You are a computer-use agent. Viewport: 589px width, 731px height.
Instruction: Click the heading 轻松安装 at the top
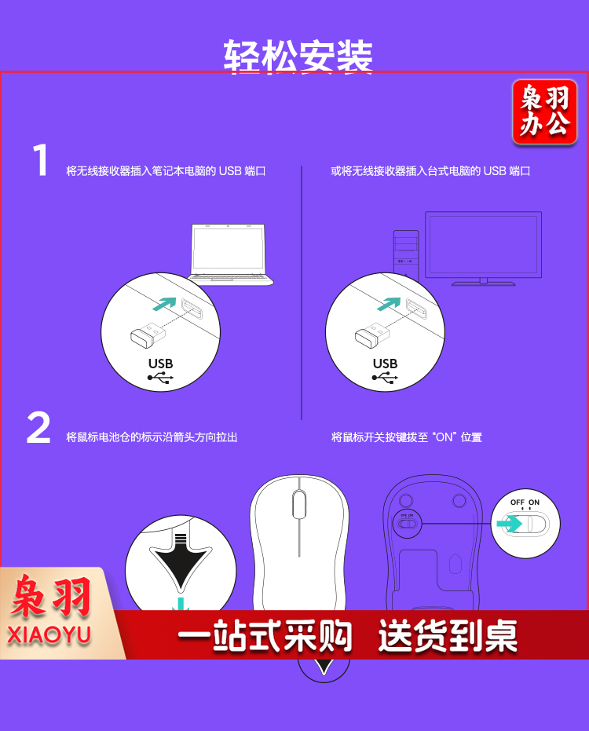click(298, 56)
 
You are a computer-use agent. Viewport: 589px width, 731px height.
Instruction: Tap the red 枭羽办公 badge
click(544, 111)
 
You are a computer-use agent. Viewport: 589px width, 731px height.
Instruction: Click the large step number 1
click(41, 160)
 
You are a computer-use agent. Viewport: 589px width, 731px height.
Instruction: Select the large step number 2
click(38, 427)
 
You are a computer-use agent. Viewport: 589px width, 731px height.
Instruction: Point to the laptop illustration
click(230, 254)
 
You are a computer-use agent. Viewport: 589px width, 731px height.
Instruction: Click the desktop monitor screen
click(483, 245)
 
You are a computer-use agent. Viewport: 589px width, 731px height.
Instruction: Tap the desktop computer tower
click(406, 254)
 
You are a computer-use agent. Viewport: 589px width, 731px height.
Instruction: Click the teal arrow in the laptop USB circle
click(165, 304)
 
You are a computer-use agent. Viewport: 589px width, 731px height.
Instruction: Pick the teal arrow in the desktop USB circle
click(389, 304)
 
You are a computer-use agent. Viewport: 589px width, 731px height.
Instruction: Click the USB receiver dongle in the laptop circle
click(148, 334)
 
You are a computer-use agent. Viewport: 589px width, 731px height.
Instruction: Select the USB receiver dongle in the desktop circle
click(372, 334)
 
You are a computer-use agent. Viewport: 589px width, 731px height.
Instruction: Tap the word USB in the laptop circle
click(160, 364)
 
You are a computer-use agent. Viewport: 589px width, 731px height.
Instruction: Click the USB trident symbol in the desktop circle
click(385, 378)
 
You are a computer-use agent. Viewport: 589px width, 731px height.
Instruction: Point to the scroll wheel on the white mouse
click(299, 503)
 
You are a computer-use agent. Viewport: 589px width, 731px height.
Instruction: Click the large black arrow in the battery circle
click(181, 561)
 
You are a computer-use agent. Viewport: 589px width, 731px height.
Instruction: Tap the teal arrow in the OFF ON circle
click(509, 523)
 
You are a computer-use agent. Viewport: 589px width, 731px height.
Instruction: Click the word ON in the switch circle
click(534, 502)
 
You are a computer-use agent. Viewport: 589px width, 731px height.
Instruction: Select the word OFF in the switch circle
click(518, 502)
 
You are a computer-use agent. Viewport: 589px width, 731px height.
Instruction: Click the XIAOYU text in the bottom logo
click(49, 635)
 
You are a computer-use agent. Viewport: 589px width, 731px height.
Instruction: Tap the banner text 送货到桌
click(448, 635)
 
